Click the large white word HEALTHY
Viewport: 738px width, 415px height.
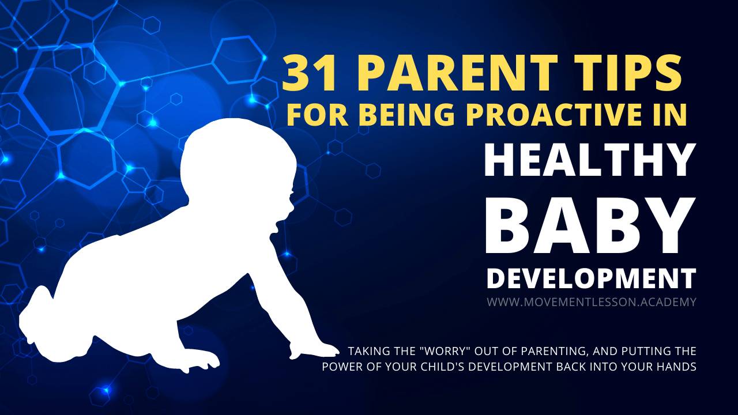click(x=589, y=161)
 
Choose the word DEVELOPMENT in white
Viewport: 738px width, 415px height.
click(x=591, y=278)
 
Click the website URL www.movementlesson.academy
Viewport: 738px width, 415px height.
click(x=591, y=301)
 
